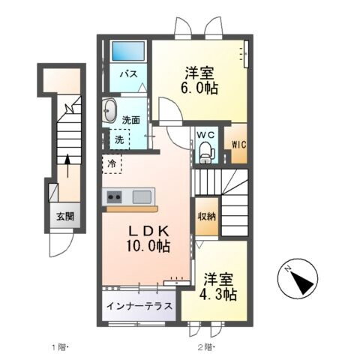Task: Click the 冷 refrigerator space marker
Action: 112,163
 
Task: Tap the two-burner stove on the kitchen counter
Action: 115,196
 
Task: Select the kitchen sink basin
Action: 142,196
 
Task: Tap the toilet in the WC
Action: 206,154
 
